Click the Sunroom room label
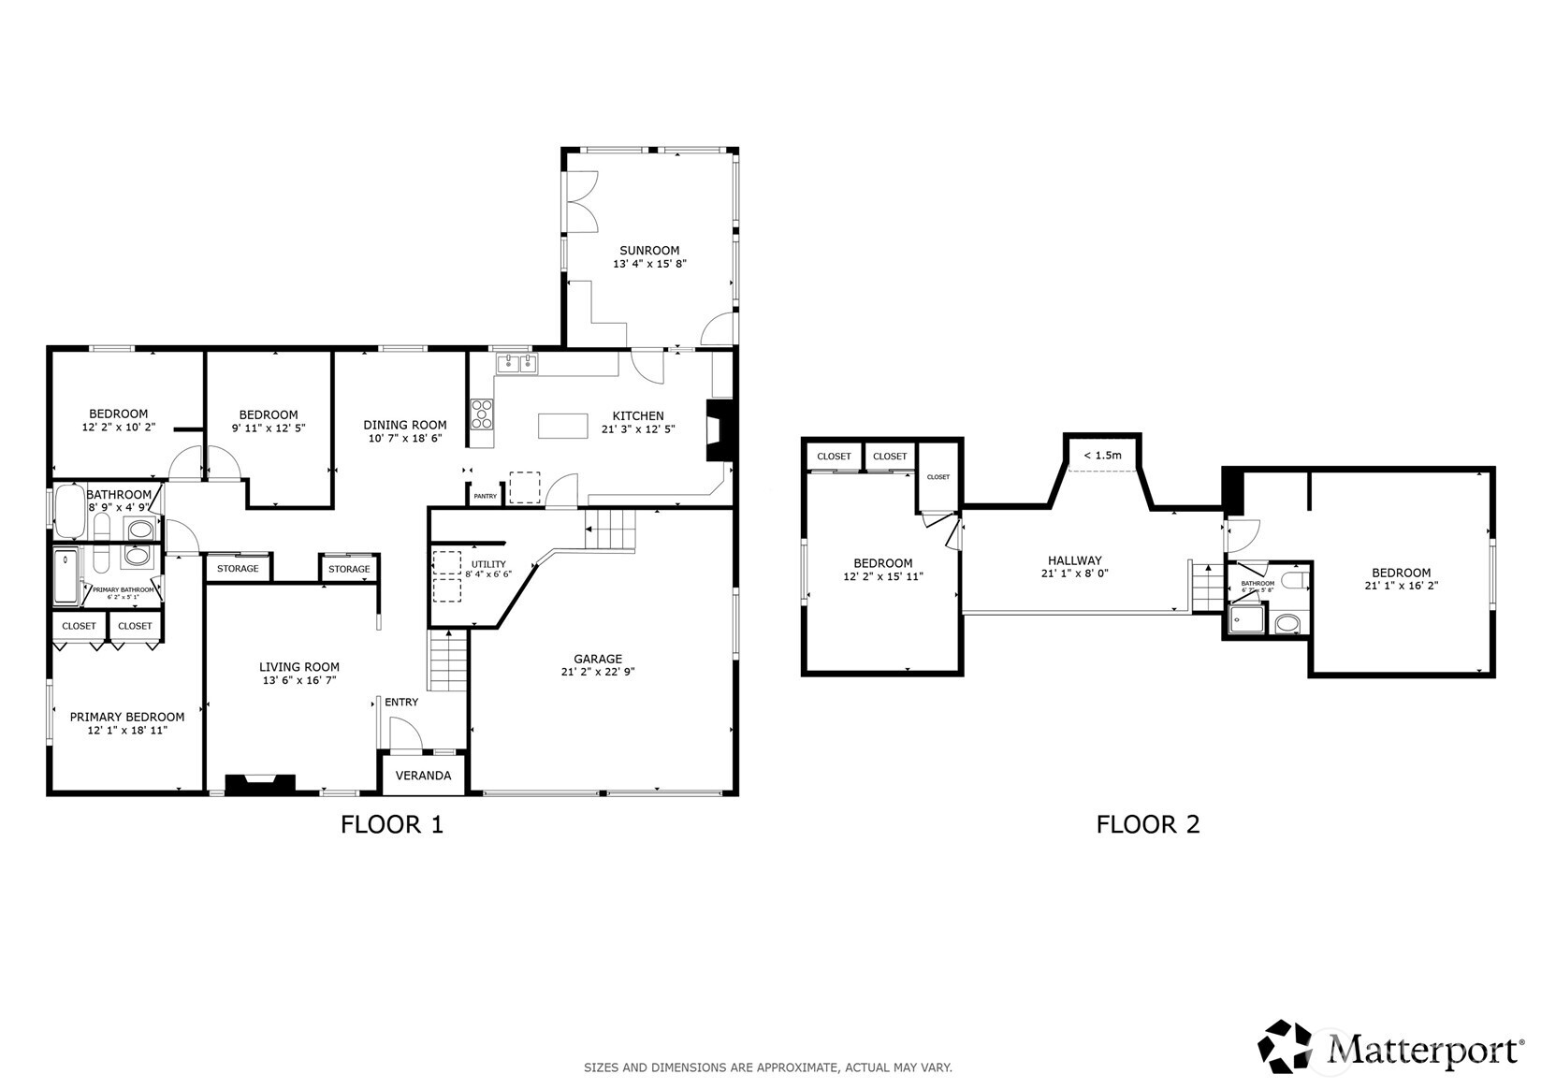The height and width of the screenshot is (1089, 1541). click(x=649, y=250)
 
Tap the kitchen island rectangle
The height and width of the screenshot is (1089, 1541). click(x=563, y=426)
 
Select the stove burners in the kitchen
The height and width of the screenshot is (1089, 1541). click(x=482, y=414)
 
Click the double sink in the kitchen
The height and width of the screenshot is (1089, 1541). click(x=516, y=362)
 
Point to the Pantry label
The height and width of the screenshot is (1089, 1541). click(x=485, y=496)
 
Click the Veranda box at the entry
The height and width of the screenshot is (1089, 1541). click(x=423, y=776)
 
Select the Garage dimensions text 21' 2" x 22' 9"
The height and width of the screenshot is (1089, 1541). click(x=598, y=672)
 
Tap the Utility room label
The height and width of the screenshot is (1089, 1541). click(x=487, y=564)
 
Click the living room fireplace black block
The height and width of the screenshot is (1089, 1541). click(x=261, y=784)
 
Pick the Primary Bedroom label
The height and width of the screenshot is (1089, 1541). click(x=127, y=717)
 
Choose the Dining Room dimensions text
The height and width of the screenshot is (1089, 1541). click(x=404, y=438)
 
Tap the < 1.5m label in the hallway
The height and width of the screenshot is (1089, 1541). click(x=1102, y=456)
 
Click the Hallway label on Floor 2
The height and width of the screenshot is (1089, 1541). click(x=1074, y=560)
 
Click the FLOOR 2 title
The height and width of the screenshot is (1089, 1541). click(x=1147, y=824)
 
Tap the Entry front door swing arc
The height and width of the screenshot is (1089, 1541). click(x=406, y=733)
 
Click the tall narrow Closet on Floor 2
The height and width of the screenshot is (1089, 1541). click(x=938, y=477)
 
